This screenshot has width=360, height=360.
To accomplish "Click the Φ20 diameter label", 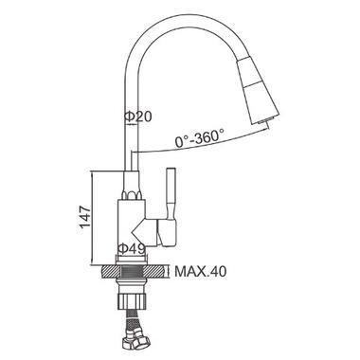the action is [138, 117].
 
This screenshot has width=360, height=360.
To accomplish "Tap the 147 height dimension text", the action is [85, 218].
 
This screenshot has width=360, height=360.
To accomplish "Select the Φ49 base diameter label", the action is [132, 249].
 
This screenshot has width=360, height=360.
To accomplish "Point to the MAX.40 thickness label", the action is [201, 271].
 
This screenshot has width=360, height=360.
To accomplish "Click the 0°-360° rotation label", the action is [200, 137].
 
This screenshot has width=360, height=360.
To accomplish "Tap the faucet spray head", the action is [258, 92].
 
